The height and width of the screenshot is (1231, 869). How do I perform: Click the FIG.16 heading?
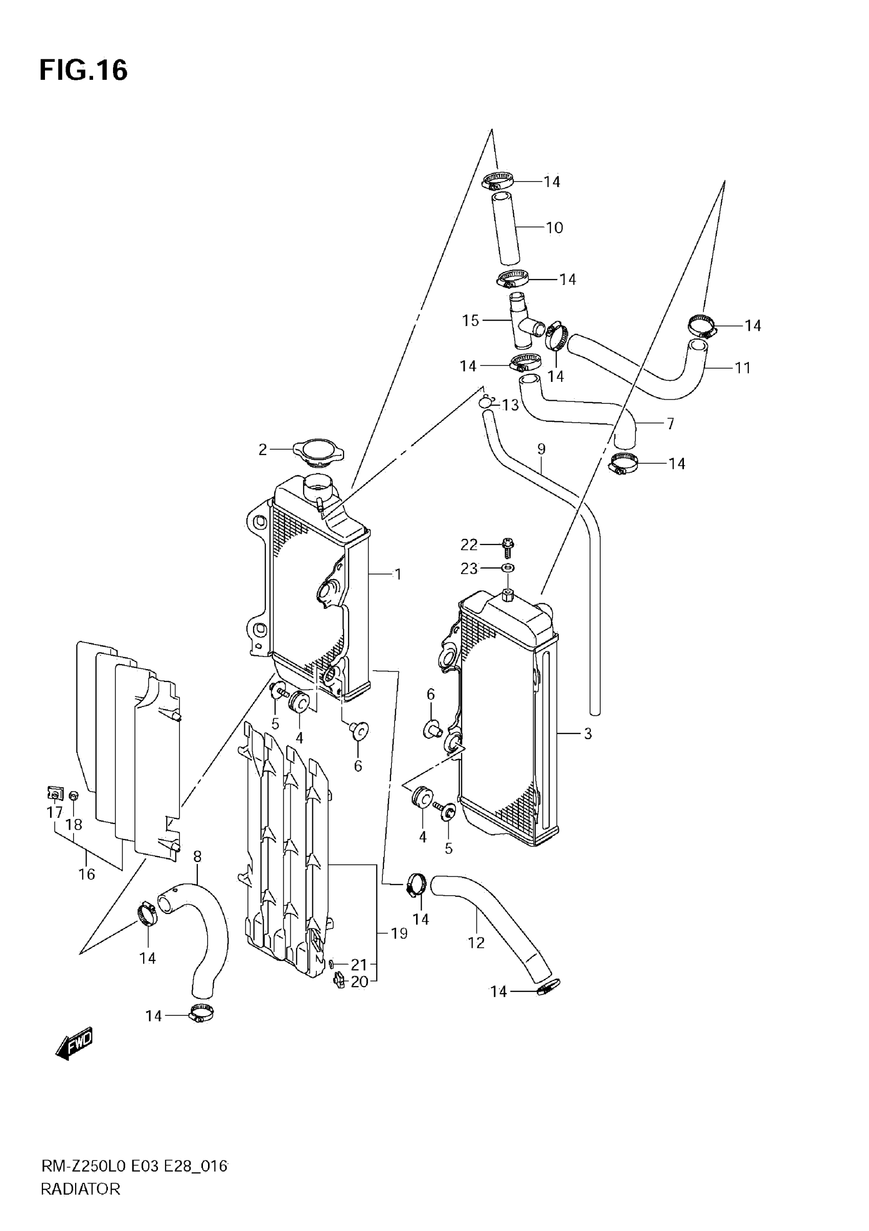(x=84, y=70)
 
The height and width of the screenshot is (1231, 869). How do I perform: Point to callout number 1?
(x=397, y=574)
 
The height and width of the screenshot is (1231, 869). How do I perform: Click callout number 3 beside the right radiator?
(x=587, y=734)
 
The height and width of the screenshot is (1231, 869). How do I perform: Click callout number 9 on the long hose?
(x=541, y=449)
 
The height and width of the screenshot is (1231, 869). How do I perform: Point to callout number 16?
(x=87, y=875)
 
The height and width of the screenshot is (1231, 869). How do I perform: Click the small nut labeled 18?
(x=74, y=795)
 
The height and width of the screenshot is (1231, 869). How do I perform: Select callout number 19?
(x=399, y=933)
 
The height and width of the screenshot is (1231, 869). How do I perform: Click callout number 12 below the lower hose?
(x=476, y=943)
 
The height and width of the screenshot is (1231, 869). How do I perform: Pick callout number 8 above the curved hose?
(x=197, y=857)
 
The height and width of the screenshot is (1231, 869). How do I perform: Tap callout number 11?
(x=742, y=368)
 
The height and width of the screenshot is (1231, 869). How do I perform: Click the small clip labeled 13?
(x=487, y=402)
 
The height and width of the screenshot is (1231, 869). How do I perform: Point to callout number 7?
(x=670, y=424)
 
